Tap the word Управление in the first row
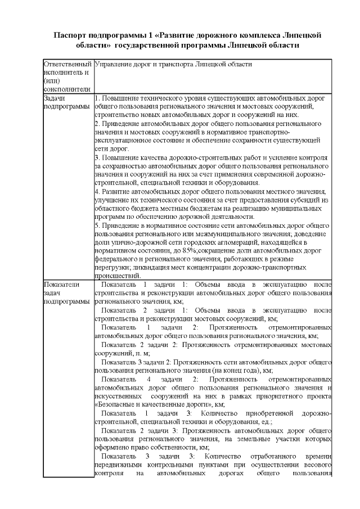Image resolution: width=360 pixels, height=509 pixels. click(115, 65)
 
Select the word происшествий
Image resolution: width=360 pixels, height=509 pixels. click(118, 283)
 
